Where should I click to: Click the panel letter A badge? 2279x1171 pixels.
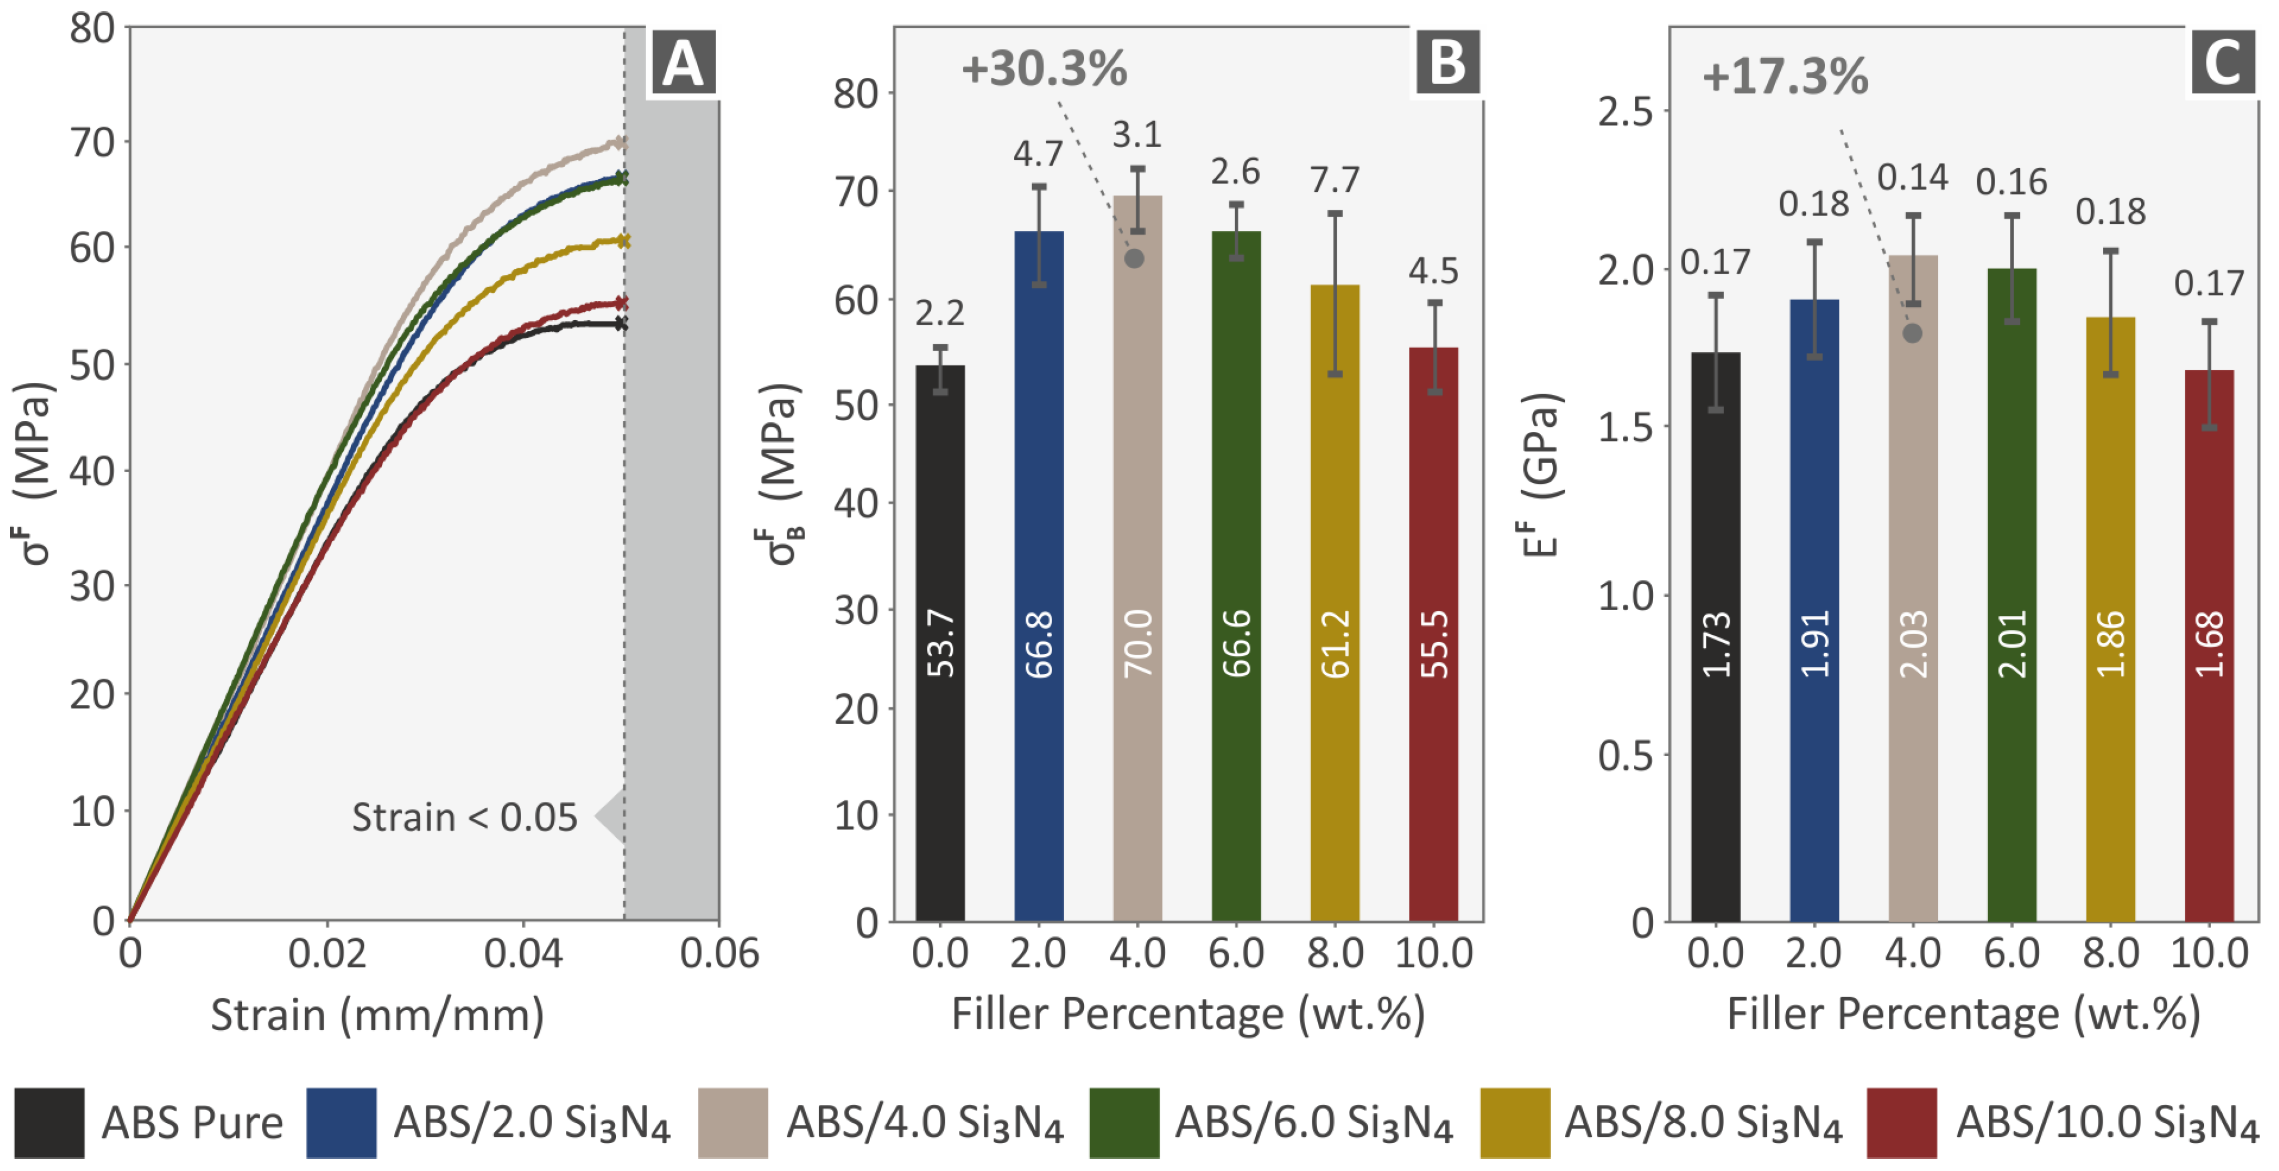(682, 64)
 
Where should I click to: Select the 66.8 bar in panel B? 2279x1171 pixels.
(1039, 575)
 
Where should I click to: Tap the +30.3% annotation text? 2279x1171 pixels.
(1044, 69)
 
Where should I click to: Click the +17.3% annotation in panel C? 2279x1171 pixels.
(1785, 76)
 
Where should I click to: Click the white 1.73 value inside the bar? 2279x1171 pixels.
(1716, 644)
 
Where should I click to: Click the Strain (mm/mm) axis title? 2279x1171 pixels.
(378, 1015)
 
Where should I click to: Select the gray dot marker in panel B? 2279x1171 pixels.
(1134, 258)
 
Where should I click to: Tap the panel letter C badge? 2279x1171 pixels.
(2222, 64)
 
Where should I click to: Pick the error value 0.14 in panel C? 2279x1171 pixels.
(1913, 178)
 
